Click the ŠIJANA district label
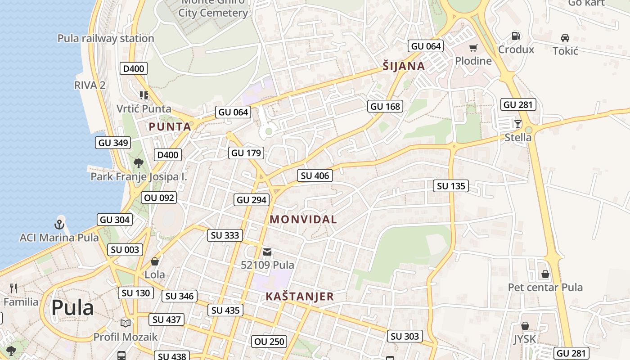404,66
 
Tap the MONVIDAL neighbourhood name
303,220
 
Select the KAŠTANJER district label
299,297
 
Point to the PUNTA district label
170,127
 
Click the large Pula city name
72,308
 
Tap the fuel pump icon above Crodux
516,36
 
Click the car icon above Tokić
565,38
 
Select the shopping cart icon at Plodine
473,48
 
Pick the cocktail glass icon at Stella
518,124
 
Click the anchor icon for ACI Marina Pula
59,223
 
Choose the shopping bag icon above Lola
155,261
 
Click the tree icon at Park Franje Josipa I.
139,163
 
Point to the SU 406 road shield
315,176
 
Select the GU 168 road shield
385,107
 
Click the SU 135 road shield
451,186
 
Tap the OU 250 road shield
270,342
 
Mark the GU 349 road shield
113,143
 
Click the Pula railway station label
106,38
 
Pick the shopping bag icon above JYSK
525,326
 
